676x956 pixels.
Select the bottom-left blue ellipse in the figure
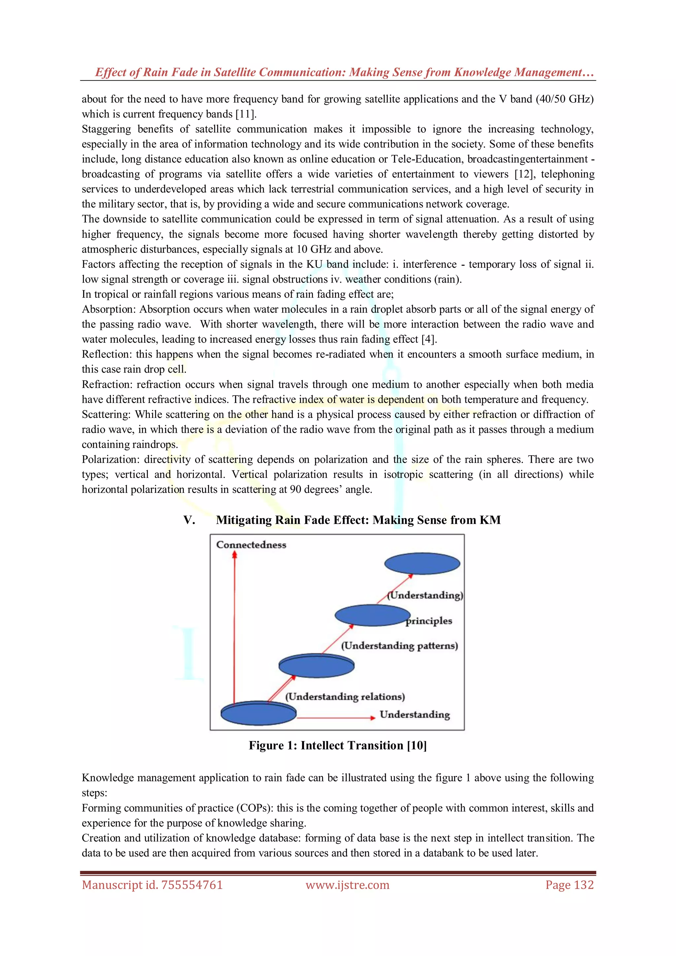point(258,713)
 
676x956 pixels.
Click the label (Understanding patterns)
point(399,646)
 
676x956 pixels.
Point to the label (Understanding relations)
point(345,697)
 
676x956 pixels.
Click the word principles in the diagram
point(429,621)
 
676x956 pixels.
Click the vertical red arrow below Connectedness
point(234,625)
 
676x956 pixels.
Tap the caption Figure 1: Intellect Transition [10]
point(338,745)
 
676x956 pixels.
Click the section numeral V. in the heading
point(189,520)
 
